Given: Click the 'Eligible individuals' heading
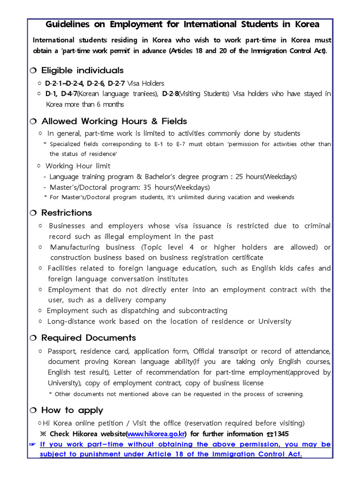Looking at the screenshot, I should pos(82,70).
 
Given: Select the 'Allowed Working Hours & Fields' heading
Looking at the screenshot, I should pos(114,121).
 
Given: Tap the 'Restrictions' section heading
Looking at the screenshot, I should pos(67,212).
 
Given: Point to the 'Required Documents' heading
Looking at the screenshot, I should pos(89,337).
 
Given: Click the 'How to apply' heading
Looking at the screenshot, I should pos(72,410).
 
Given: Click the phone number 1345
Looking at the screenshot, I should pos(280,434).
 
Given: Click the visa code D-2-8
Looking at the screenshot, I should pos(170,94).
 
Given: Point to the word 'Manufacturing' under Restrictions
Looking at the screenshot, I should pos(75,247).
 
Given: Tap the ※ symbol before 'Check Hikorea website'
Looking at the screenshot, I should pos(44,434).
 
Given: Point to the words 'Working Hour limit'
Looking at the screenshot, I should pos(78,166).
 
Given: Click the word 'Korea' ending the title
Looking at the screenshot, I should pos(307,24).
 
